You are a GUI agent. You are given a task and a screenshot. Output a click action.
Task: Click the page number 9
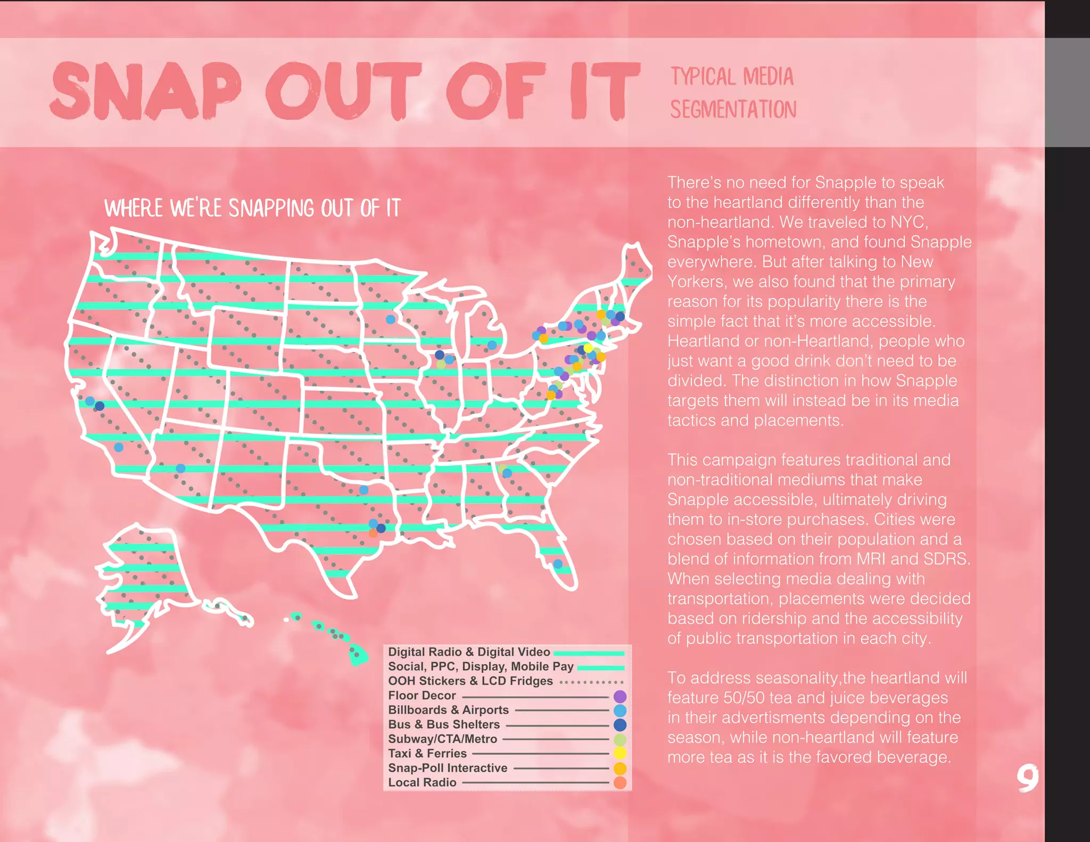tap(1027, 778)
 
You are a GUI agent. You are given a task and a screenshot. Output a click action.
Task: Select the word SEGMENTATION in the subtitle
tap(733, 110)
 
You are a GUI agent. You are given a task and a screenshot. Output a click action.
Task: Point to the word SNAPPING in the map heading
tap(271, 208)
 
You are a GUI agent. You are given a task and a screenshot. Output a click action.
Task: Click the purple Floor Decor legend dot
tap(620, 696)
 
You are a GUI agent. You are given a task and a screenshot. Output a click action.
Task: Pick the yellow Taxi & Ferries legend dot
tap(620, 753)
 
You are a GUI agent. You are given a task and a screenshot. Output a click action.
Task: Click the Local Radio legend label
tap(422, 782)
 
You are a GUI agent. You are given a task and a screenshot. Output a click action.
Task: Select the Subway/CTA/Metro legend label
tap(442, 739)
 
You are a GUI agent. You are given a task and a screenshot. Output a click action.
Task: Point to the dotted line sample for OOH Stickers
tap(591, 682)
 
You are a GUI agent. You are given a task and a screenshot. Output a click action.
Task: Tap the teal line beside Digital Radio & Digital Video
tap(589, 653)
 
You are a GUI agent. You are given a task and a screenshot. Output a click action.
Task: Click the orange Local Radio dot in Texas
tap(373, 532)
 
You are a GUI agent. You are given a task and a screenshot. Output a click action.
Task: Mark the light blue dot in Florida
tap(558, 564)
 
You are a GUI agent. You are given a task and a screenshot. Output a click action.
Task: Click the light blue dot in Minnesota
tap(391, 319)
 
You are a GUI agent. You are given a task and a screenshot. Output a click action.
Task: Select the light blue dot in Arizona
tap(180, 468)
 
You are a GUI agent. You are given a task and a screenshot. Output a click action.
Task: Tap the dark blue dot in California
tap(100, 406)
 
